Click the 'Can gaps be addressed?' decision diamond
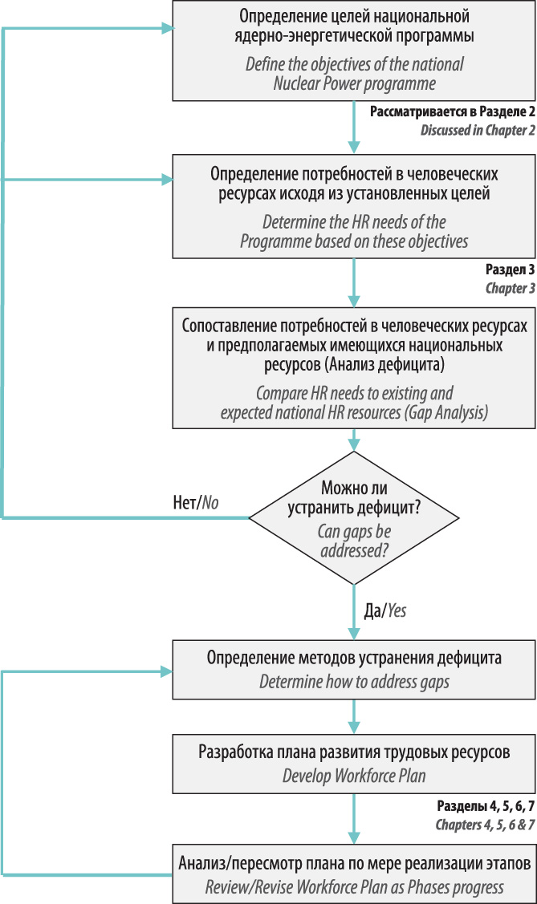(x=353, y=517)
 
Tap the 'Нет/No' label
(x=196, y=503)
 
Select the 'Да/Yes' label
(x=384, y=610)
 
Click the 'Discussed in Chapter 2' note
(x=478, y=130)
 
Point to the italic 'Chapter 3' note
(x=511, y=288)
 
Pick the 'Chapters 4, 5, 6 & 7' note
(x=485, y=825)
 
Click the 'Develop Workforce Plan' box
(x=354, y=763)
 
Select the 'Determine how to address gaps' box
(x=354, y=669)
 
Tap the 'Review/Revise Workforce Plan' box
(x=354, y=874)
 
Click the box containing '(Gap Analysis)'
(x=354, y=368)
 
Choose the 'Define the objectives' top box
(x=354, y=51)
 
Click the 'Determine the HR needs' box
(x=354, y=206)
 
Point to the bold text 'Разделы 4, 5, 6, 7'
(x=486, y=805)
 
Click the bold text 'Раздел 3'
(x=510, y=269)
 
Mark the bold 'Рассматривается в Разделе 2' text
(x=453, y=111)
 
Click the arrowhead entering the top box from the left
(x=167, y=27)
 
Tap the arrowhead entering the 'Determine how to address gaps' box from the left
(x=167, y=671)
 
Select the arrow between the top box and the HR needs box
(x=354, y=128)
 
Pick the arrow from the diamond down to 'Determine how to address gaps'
(x=354, y=612)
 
